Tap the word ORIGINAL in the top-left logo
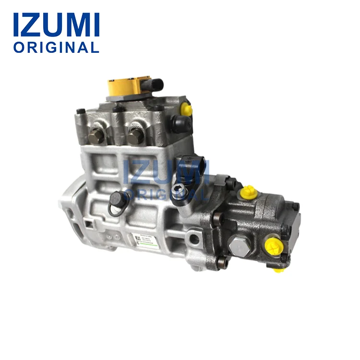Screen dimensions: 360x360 tap(56, 47)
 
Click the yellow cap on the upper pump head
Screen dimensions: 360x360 tap(187, 110)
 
